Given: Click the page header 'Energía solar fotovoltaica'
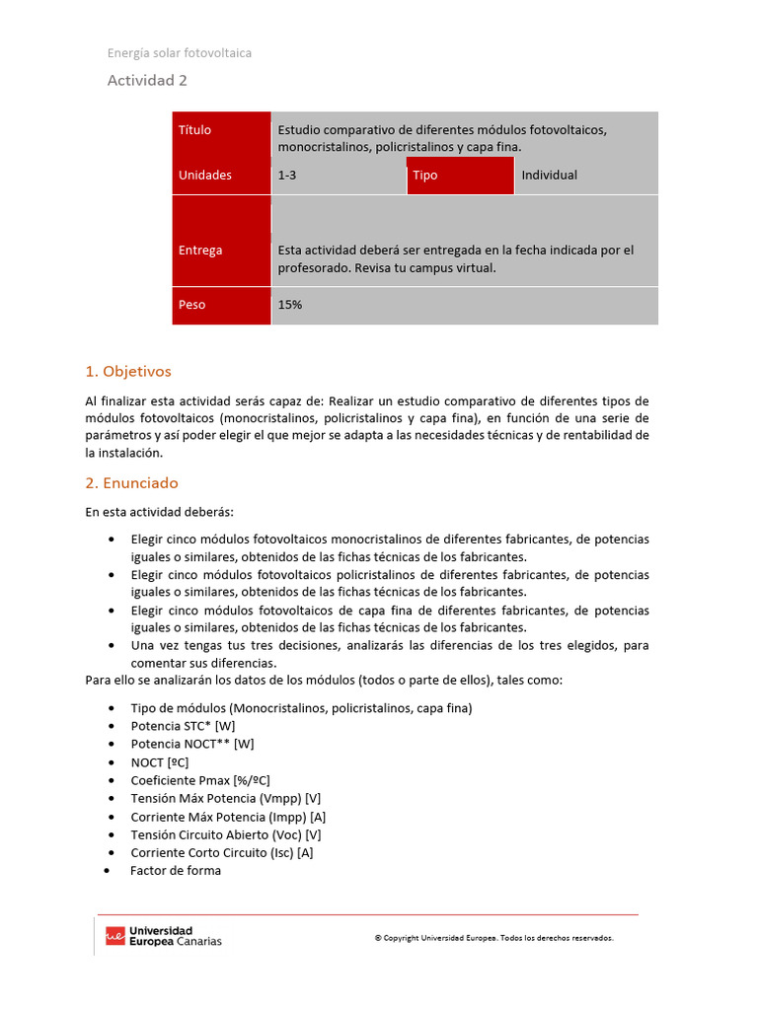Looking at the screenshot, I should click(179, 52).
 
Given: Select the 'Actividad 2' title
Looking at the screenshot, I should click(147, 81).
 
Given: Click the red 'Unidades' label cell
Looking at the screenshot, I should click(221, 175).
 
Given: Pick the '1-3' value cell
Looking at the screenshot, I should click(338, 175).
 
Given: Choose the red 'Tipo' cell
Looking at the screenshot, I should click(459, 175).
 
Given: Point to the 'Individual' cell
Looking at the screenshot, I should click(585, 175).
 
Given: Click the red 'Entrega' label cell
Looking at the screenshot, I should click(221, 250).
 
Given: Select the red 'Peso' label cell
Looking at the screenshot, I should click(221, 305).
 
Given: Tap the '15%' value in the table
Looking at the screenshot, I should click(290, 305).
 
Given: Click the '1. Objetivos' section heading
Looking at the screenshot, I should click(128, 372).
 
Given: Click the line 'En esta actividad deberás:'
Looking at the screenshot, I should click(160, 512).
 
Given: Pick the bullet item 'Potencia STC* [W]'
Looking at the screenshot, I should click(183, 726).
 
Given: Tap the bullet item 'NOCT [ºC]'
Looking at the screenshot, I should click(159, 762).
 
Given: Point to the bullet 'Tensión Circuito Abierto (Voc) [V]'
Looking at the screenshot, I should click(226, 834).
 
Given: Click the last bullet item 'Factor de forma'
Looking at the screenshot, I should click(176, 870).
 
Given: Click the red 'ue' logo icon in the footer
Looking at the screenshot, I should click(115, 936).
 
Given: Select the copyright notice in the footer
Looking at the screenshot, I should click(493, 938).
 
